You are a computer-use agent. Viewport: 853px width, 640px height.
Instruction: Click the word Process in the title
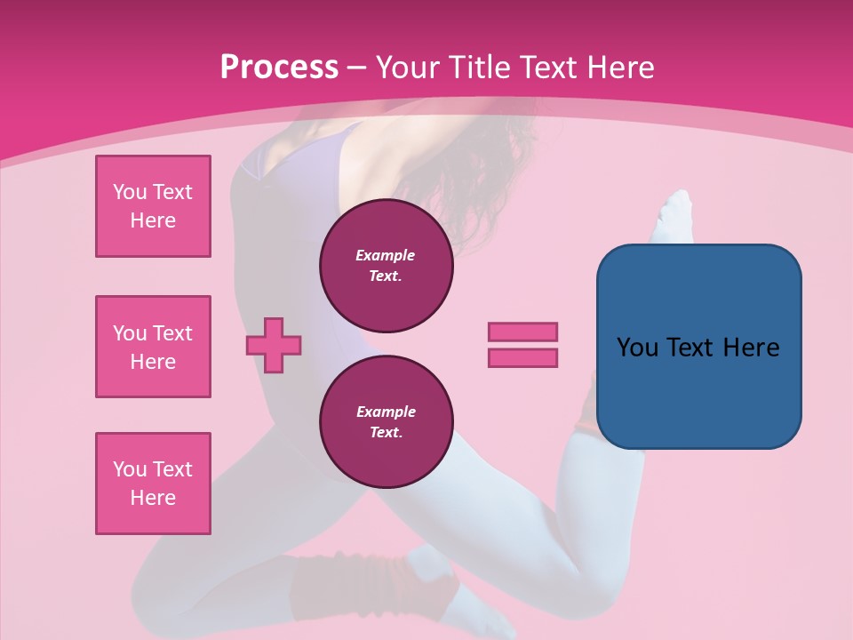coord(279,68)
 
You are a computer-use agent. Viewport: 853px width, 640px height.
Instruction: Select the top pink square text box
coord(153,206)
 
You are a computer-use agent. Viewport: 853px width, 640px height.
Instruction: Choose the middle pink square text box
coord(153,347)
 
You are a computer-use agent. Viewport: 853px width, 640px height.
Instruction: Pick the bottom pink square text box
coord(153,484)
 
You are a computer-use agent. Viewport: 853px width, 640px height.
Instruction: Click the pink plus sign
coord(274,344)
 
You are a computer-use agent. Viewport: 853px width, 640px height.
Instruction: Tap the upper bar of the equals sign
coord(522,332)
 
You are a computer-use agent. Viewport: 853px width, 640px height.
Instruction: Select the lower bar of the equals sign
coord(522,357)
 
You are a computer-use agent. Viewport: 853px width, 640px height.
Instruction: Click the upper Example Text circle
coord(386,266)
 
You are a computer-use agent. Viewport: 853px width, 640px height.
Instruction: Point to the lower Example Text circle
coord(386,422)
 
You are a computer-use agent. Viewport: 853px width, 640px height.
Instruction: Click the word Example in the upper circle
coord(386,255)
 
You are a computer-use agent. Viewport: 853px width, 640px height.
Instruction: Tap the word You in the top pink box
coord(129,192)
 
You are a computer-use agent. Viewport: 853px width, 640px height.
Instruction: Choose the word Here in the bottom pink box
coord(153,498)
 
